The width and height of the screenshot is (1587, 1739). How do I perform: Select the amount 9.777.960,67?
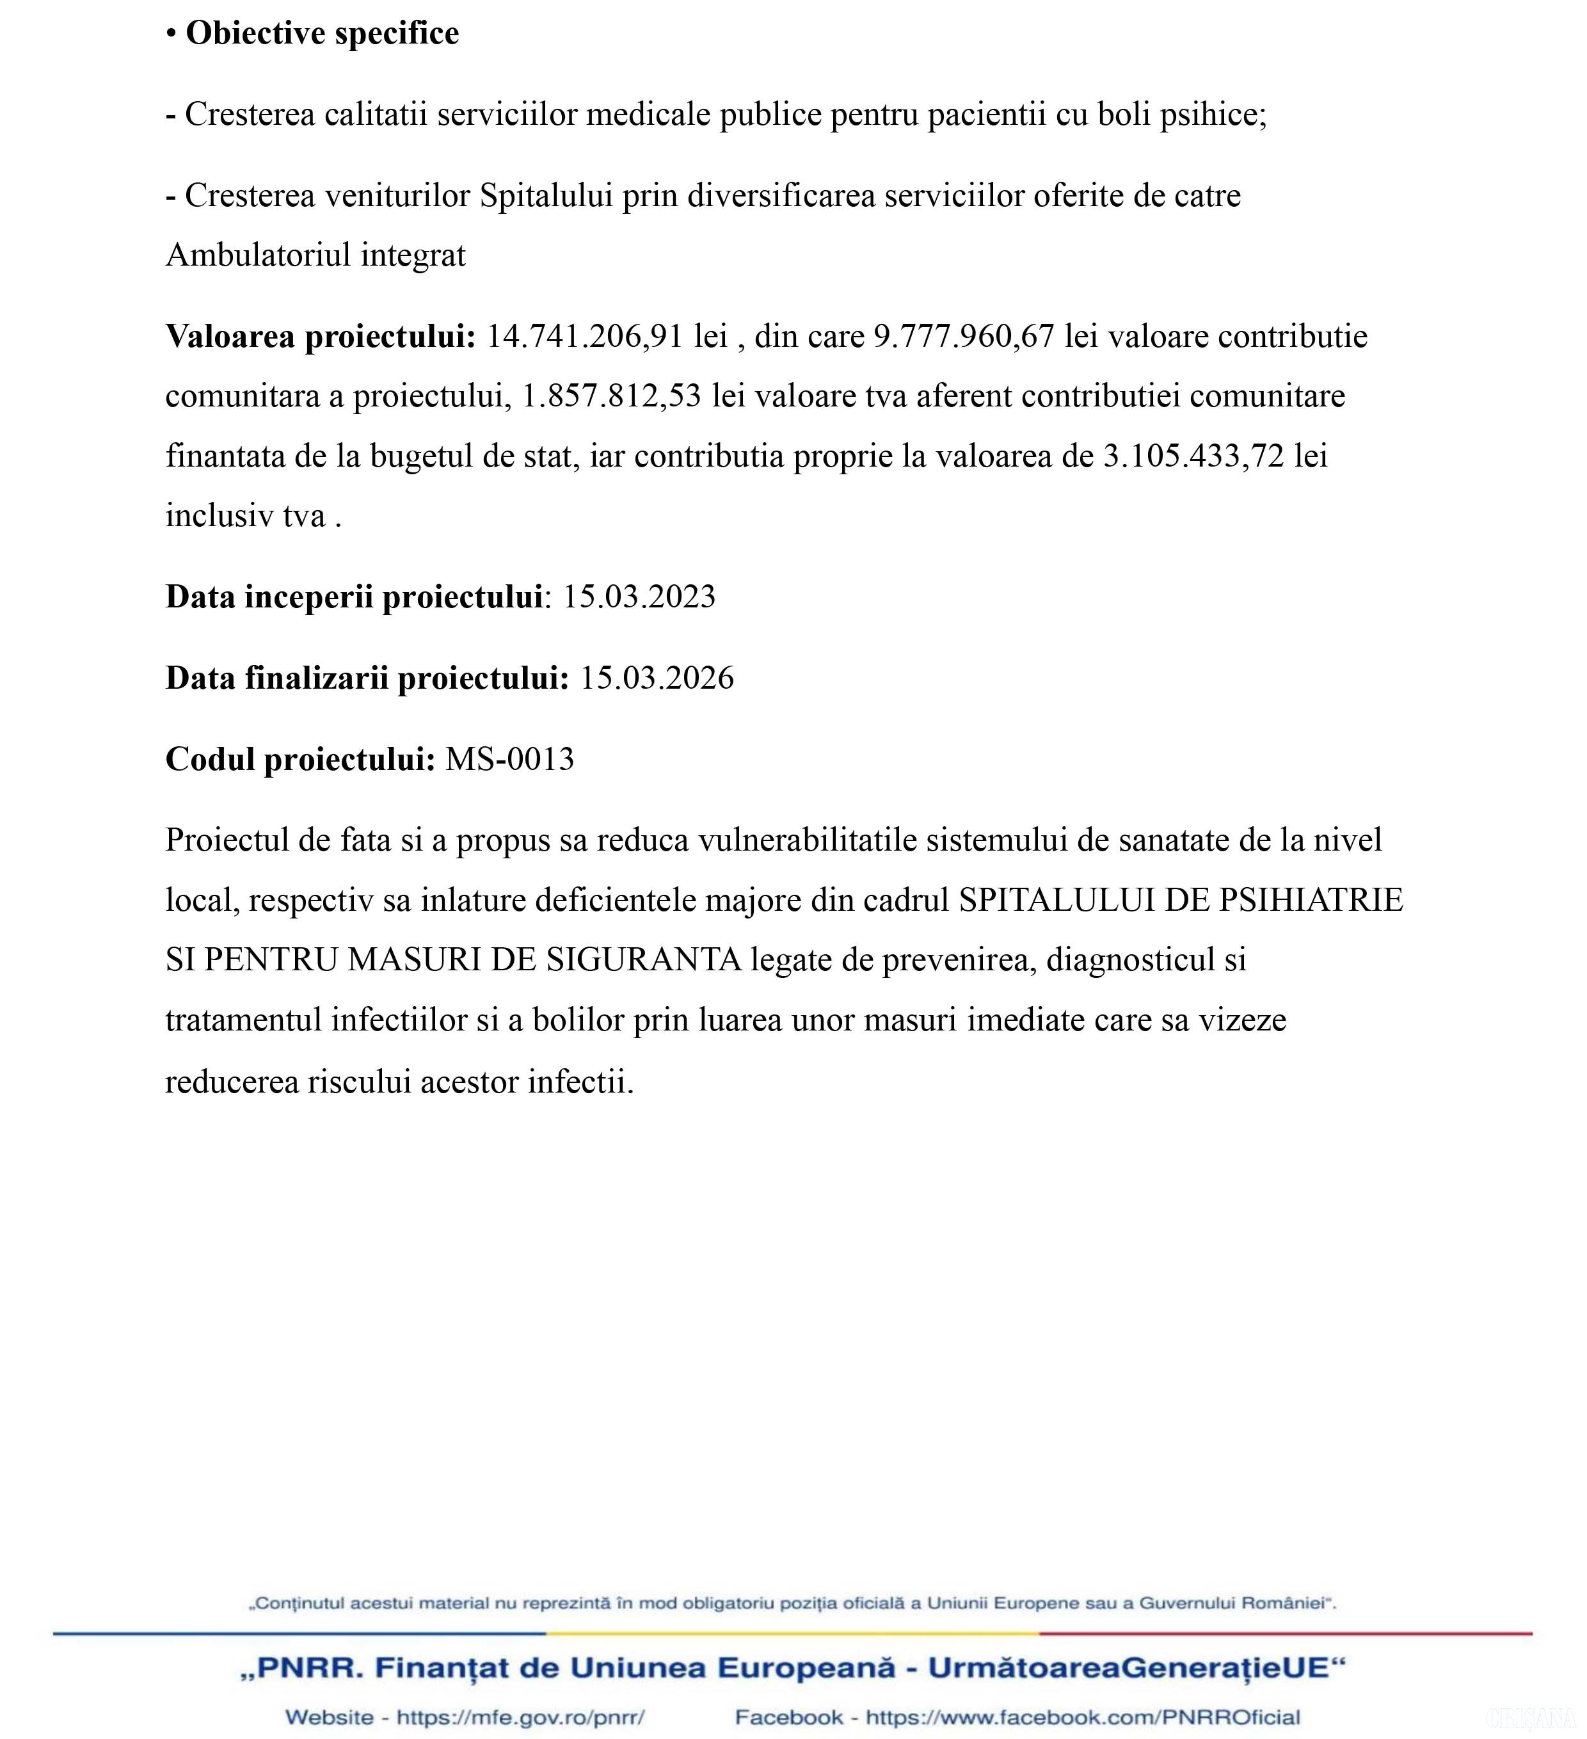coord(964,337)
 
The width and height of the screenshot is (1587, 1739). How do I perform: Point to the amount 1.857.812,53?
coord(612,396)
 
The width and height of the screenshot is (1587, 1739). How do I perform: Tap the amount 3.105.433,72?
coord(1193,456)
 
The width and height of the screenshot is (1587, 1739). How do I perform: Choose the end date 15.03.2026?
coord(657,678)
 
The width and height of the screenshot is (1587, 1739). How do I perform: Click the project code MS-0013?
coord(510,759)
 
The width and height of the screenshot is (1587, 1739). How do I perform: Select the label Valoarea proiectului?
coord(320,337)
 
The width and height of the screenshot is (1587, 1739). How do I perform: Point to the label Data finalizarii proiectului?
coord(367,678)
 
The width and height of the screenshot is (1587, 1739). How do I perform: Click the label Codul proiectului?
coord(300,759)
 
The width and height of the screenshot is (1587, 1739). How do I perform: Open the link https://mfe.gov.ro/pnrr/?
coord(520,1717)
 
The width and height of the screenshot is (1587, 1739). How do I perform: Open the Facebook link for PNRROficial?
coord(1083,1717)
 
